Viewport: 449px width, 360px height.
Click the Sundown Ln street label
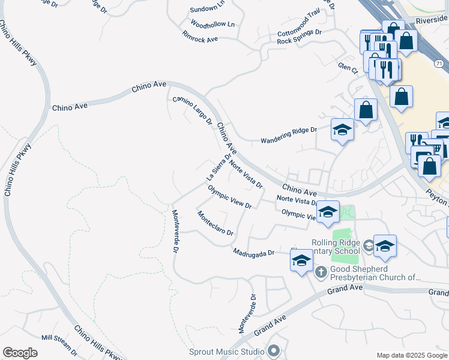(x=206, y=10)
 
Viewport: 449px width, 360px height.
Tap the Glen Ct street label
(x=348, y=69)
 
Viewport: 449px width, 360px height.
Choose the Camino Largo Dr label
(x=193, y=110)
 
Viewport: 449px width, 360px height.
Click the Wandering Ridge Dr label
(x=288, y=136)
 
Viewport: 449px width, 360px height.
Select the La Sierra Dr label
(x=218, y=167)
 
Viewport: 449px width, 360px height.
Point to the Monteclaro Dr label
(x=215, y=223)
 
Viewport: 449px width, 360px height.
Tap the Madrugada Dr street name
(x=254, y=253)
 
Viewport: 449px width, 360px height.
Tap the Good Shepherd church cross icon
(x=321, y=272)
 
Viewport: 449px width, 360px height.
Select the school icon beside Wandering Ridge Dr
(x=342, y=130)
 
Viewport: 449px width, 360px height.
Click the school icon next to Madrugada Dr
(x=301, y=260)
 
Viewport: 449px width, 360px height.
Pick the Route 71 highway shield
(x=440, y=63)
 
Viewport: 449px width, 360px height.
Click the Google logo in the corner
(x=20, y=353)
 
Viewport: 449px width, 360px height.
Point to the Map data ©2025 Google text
(x=411, y=355)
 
